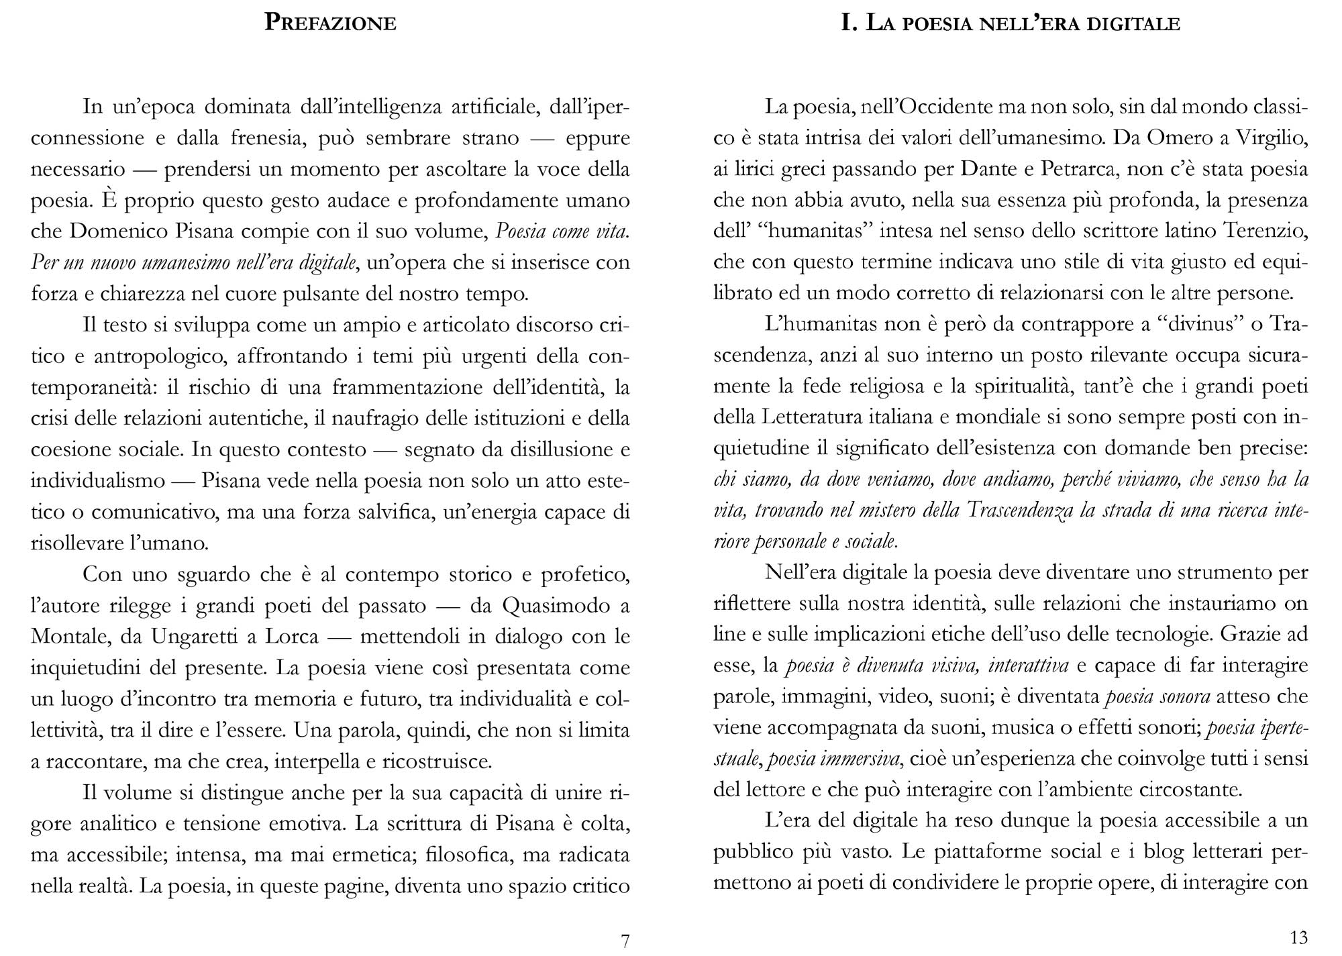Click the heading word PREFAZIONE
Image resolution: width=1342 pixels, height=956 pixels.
[330, 23]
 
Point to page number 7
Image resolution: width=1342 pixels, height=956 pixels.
[625, 941]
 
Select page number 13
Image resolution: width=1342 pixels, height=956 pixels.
[1298, 937]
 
